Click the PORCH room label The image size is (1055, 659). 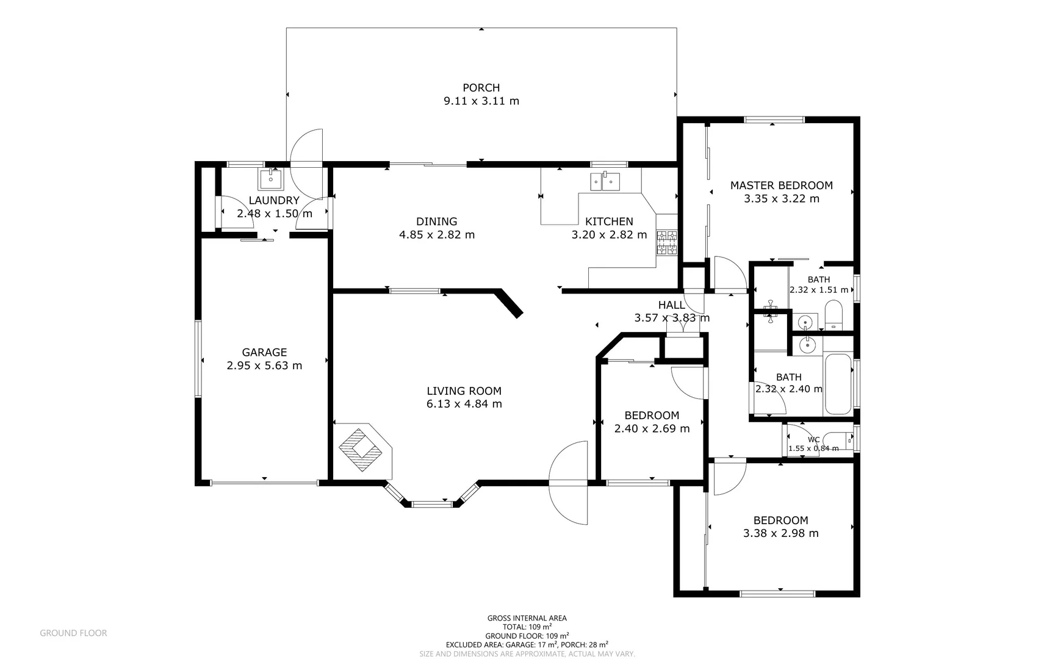(481, 88)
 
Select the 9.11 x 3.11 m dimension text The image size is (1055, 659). (481, 101)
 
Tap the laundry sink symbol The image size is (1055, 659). (270, 179)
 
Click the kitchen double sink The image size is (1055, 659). (605, 181)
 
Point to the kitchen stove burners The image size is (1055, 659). (666, 242)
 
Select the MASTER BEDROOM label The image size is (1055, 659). (781, 185)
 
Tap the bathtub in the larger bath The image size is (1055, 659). (838, 384)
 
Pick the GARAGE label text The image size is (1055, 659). (264, 353)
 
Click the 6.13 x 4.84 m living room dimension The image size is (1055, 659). (464, 404)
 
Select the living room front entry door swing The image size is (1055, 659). (569, 482)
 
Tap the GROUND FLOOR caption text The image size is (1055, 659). (73, 633)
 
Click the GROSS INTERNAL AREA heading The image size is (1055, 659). (527, 618)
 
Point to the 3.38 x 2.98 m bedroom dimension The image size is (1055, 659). (780, 533)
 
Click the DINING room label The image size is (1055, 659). (436, 221)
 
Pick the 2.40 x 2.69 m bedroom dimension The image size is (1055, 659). (652, 429)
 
